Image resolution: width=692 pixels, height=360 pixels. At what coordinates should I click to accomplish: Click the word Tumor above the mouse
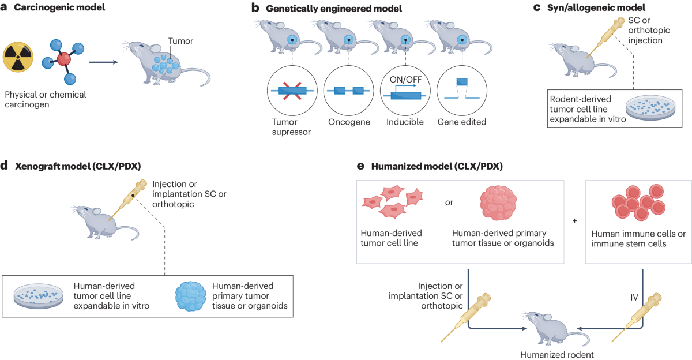point(179,41)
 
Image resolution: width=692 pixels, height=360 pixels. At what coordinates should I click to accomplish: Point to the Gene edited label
point(462,122)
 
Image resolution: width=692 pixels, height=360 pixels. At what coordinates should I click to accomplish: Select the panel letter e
point(360,167)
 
